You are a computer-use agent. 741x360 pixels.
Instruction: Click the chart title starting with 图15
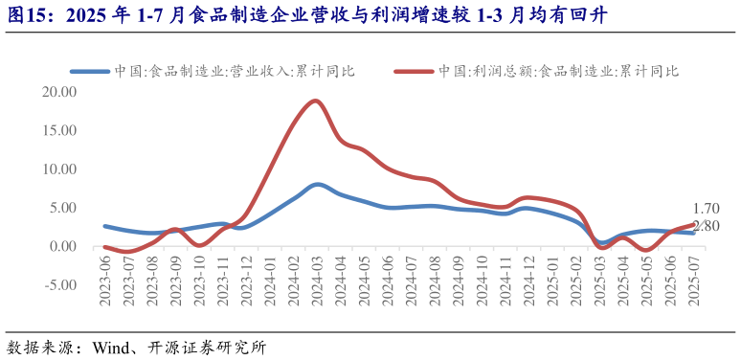coord(306,15)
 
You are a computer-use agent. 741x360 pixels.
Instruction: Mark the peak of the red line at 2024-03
coord(315,101)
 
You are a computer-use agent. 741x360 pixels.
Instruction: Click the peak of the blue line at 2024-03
coord(317,184)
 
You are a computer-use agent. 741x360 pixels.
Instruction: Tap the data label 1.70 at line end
coord(706,209)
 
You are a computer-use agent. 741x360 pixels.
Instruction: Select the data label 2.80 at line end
coord(706,226)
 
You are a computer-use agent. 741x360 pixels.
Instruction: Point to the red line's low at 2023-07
coord(128,253)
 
